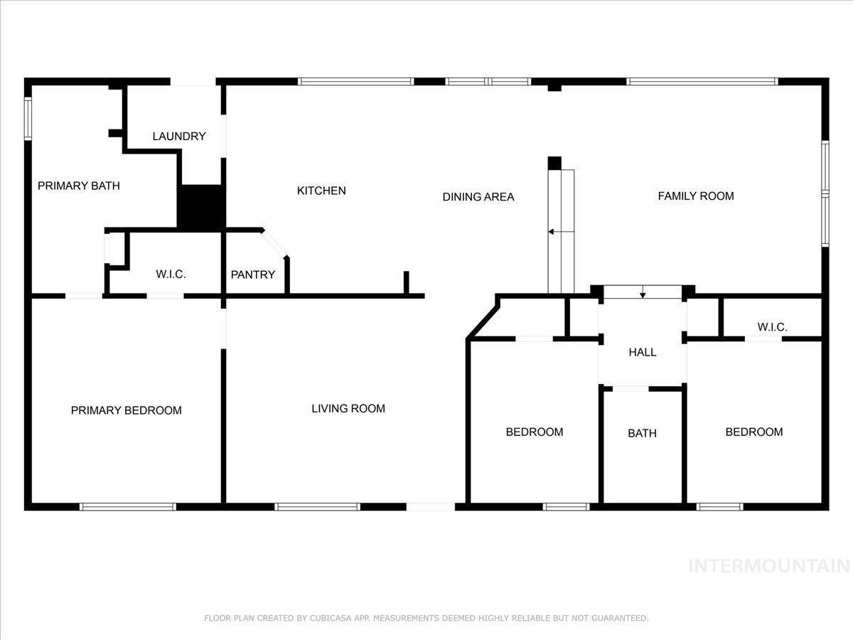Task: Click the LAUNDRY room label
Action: [178, 137]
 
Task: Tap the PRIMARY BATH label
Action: [78, 186]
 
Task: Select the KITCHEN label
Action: [321, 191]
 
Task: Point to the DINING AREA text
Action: [478, 197]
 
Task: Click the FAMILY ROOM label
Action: [696, 196]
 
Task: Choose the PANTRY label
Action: [253, 275]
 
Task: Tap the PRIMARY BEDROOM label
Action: [127, 411]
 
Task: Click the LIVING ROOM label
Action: [348, 409]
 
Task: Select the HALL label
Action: [643, 353]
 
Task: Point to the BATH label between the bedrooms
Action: [642, 433]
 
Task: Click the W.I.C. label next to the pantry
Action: [171, 274]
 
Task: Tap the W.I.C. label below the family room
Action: [772, 327]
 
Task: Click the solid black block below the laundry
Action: [201, 208]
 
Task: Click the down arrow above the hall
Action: [643, 292]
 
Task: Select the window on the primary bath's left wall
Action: [28, 119]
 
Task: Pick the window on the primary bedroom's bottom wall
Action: [128, 507]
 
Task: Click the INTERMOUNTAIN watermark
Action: [769, 566]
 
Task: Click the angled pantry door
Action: [275, 244]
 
